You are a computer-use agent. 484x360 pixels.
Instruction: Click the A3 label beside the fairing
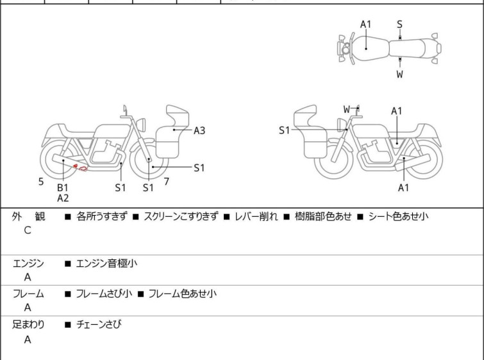199,131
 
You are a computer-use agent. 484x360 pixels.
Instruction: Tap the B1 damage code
62,187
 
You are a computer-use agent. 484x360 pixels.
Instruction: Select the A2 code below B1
62,198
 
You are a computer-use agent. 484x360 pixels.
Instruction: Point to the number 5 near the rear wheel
41,182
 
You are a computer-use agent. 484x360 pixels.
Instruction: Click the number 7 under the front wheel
166,182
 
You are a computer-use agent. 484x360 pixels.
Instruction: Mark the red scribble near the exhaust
80,168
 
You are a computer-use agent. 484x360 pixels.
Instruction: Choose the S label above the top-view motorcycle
399,24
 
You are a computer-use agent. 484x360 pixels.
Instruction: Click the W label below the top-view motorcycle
399,74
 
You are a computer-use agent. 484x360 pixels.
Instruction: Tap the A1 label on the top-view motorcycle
365,24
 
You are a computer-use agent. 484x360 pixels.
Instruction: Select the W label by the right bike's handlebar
347,109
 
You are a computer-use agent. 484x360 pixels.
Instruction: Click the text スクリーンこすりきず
181,216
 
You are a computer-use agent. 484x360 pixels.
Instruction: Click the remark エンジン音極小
106,262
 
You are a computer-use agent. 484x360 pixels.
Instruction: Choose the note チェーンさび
98,324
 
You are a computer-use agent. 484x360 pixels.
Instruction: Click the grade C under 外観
28,230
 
